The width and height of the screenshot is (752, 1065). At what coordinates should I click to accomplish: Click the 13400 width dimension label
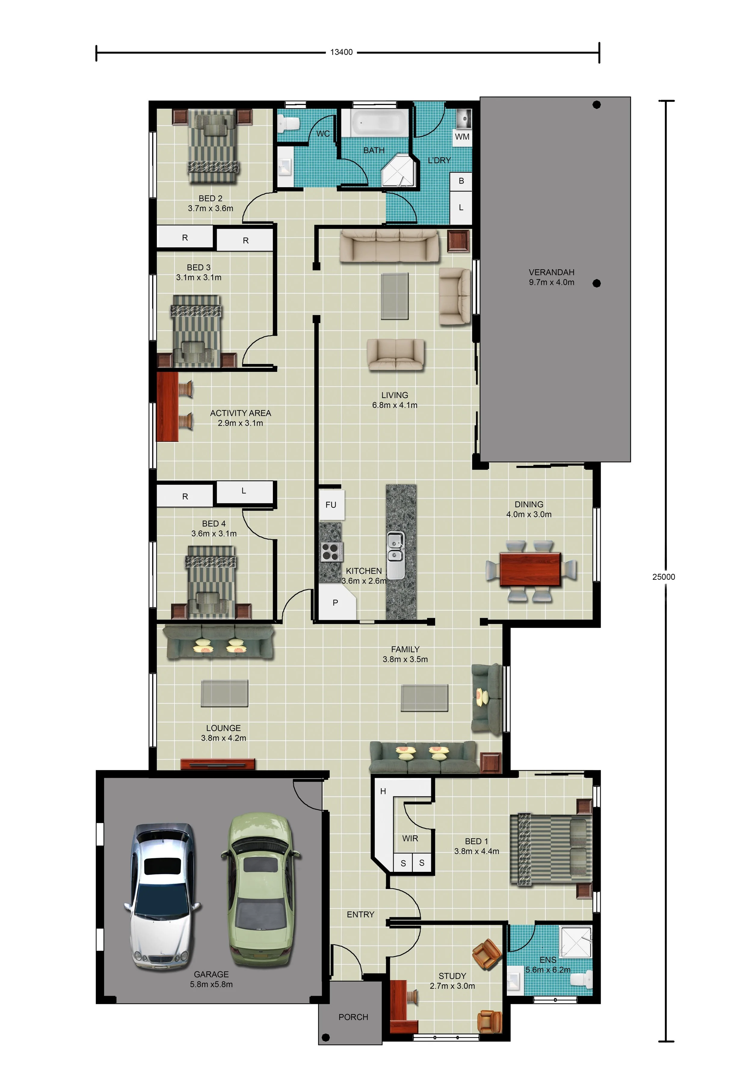click(341, 52)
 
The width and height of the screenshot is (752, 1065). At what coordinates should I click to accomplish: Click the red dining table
click(530, 569)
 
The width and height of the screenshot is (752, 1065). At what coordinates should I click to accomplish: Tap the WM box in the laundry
click(462, 137)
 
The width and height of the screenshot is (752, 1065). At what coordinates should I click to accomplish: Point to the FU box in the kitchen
click(331, 505)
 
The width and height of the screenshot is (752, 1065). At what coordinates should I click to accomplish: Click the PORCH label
click(353, 1017)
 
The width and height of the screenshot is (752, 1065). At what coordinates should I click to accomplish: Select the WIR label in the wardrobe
click(410, 838)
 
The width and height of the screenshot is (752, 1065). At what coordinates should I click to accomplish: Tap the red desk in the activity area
click(168, 406)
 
